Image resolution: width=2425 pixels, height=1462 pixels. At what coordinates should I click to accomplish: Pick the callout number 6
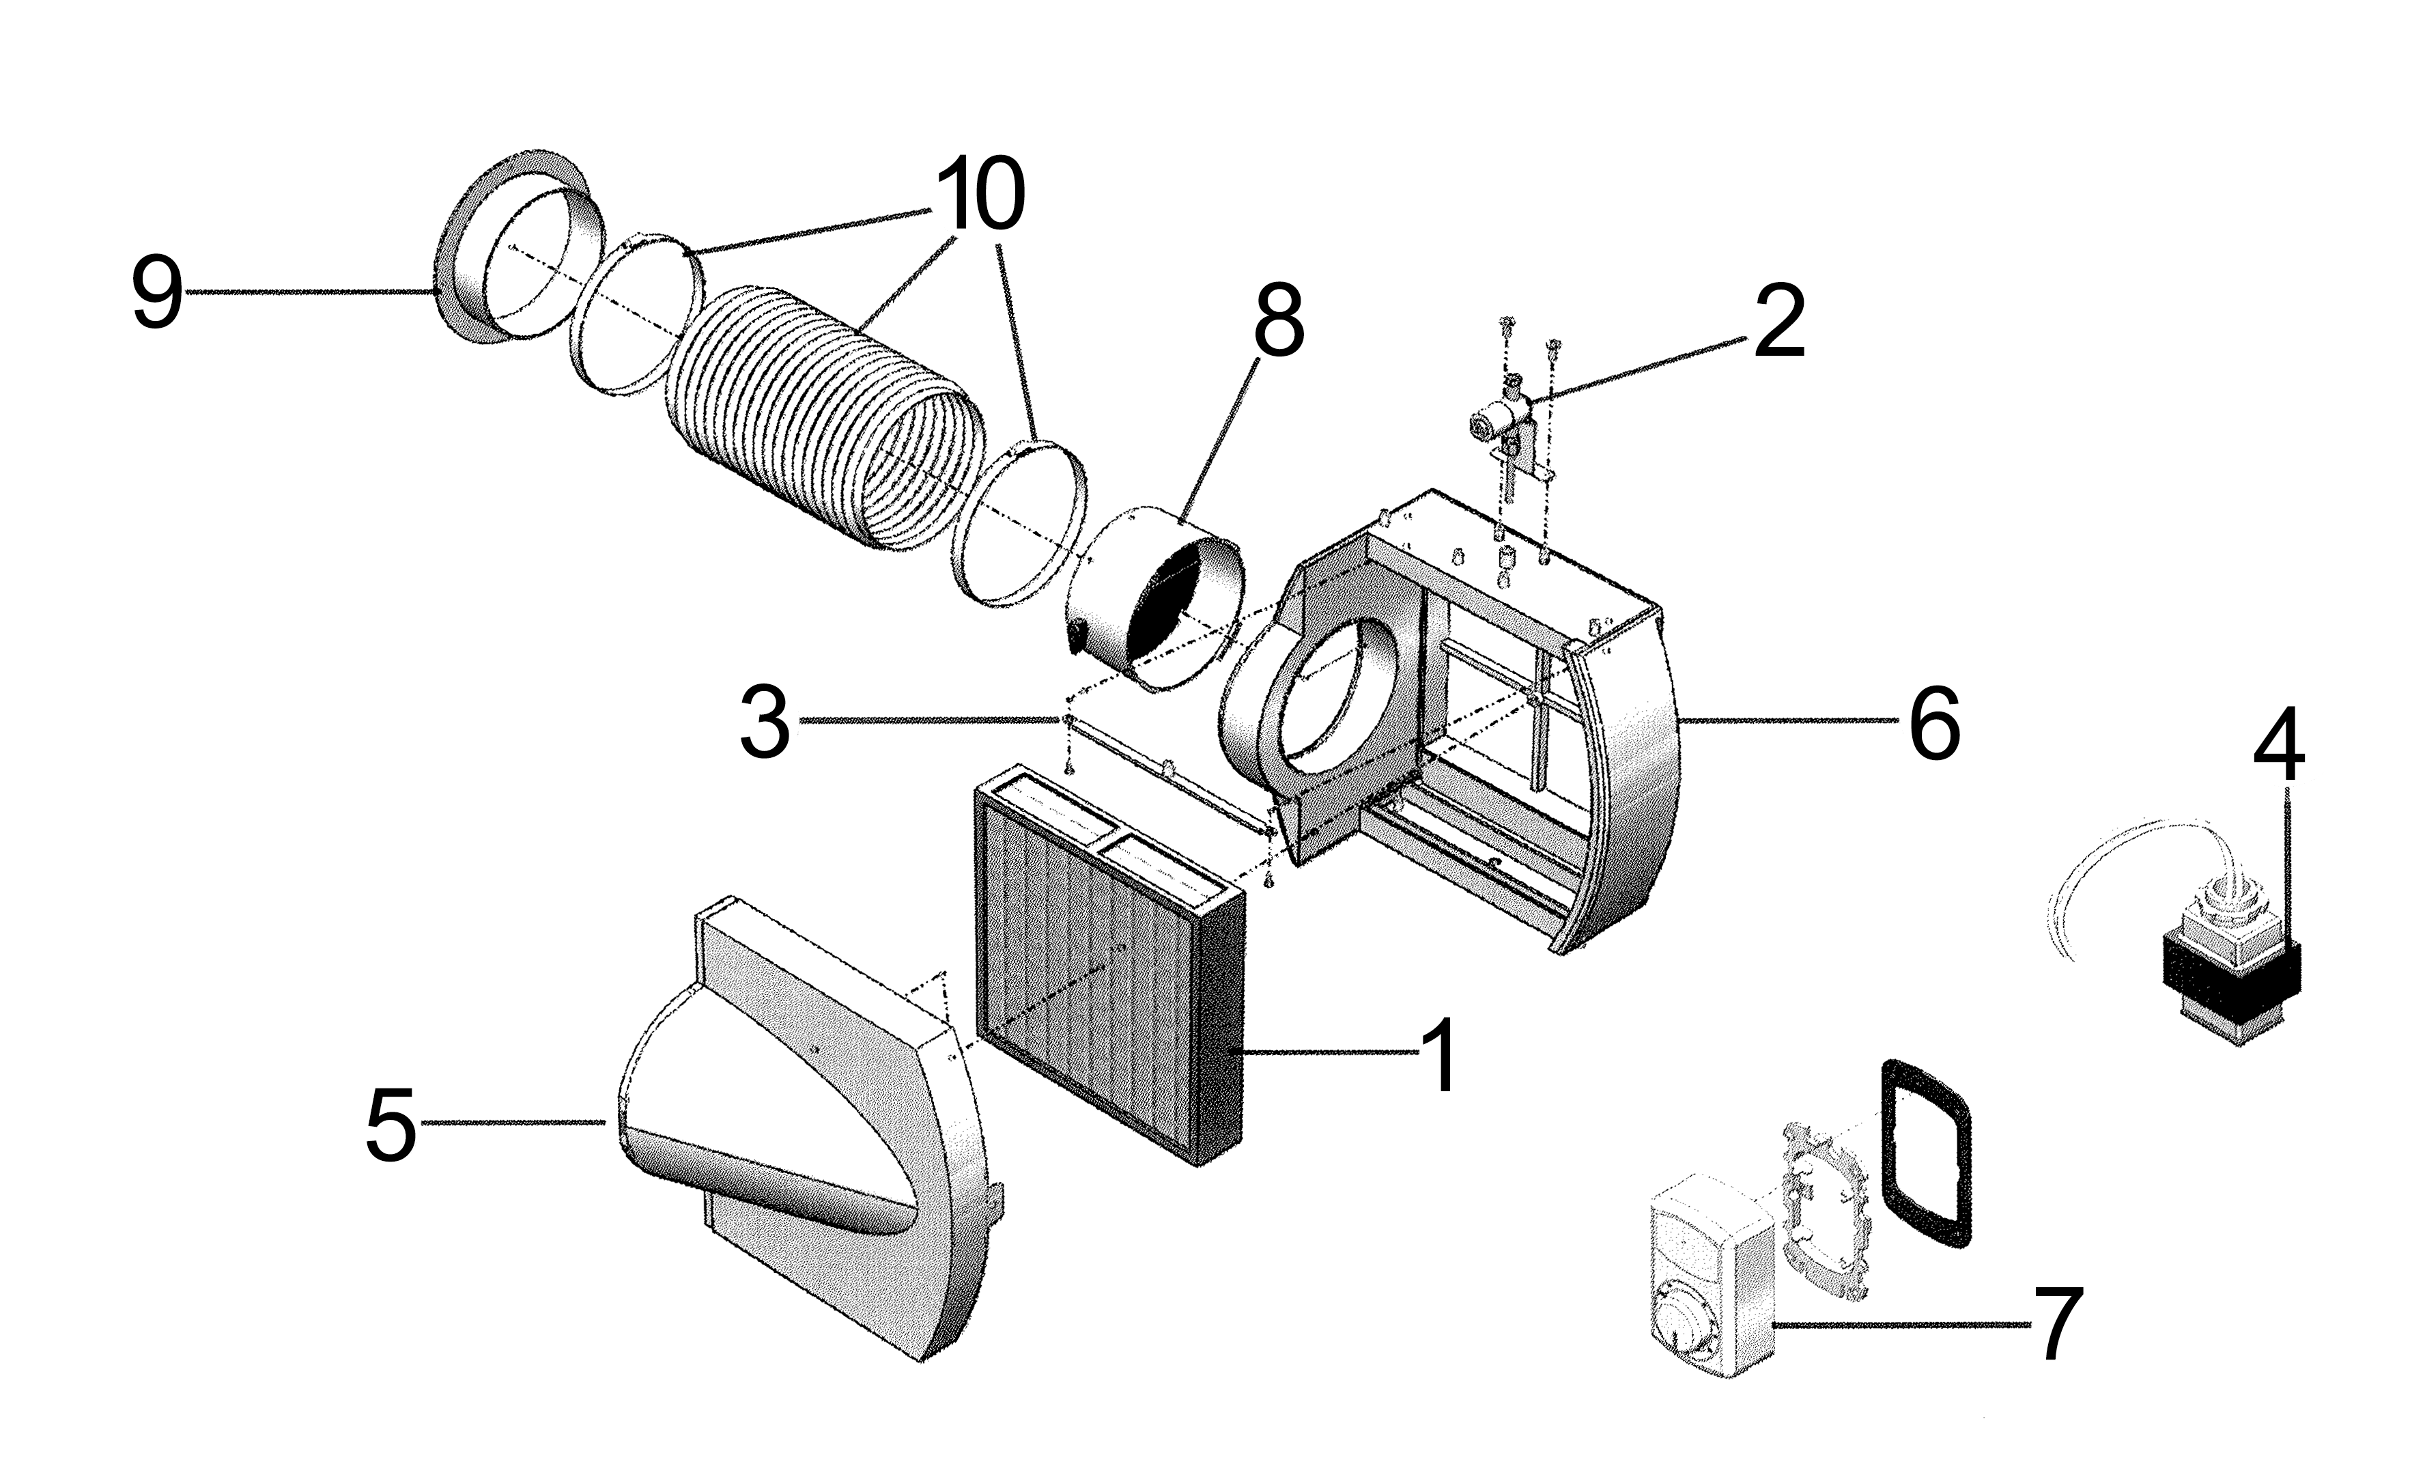point(1934,724)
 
